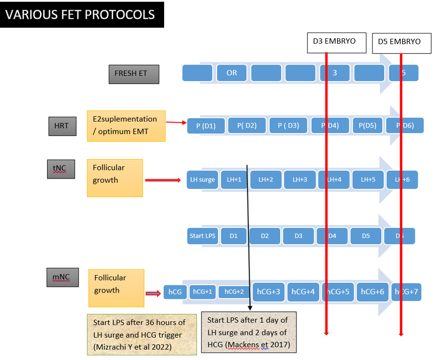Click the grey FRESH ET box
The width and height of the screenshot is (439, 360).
pos(134,74)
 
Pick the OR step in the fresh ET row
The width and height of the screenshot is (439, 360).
pos(232,73)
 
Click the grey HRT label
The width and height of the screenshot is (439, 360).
pos(62,126)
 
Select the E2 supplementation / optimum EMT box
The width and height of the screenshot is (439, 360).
pos(126,126)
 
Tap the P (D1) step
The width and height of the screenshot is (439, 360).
pos(206,126)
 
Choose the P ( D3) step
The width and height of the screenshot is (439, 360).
pos(288,126)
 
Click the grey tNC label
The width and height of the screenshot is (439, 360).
pos(61,169)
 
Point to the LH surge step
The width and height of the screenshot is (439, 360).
pos(203,180)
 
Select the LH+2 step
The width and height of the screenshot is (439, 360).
pos(266,180)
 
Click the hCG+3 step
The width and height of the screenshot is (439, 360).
pos(268,292)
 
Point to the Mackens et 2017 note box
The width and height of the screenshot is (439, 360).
pos(248,332)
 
